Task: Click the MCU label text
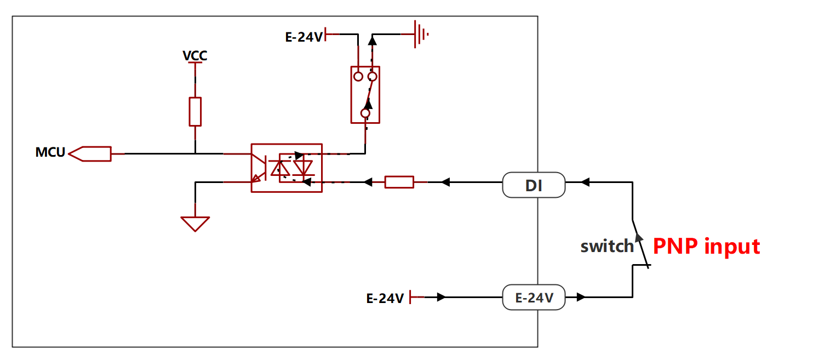click(x=50, y=152)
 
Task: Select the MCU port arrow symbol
click(x=90, y=154)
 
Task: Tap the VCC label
click(x=195, y=55)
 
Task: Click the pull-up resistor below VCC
click(x=195, y=112)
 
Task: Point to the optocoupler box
click(x=251, y=168)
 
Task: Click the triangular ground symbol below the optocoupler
click(x=195, y=224)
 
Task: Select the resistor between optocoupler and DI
click(x=399, y=182)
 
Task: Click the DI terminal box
click(x=534, y=185)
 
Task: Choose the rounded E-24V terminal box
click(x=534, y=297)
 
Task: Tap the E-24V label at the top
click(x=304, y=37)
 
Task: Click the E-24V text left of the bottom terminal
click(x=385, y=298)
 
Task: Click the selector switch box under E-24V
click(x=351, y=95)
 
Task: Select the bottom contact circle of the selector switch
click(x=365, y=113)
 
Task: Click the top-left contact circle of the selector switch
click(x=358, y=77)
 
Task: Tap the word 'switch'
click(x=608, y=247)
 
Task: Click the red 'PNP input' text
click(x=706, y=247)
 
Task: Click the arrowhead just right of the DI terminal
click(x=585, y=182)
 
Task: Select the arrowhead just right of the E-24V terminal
click(x=581, y=297)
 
